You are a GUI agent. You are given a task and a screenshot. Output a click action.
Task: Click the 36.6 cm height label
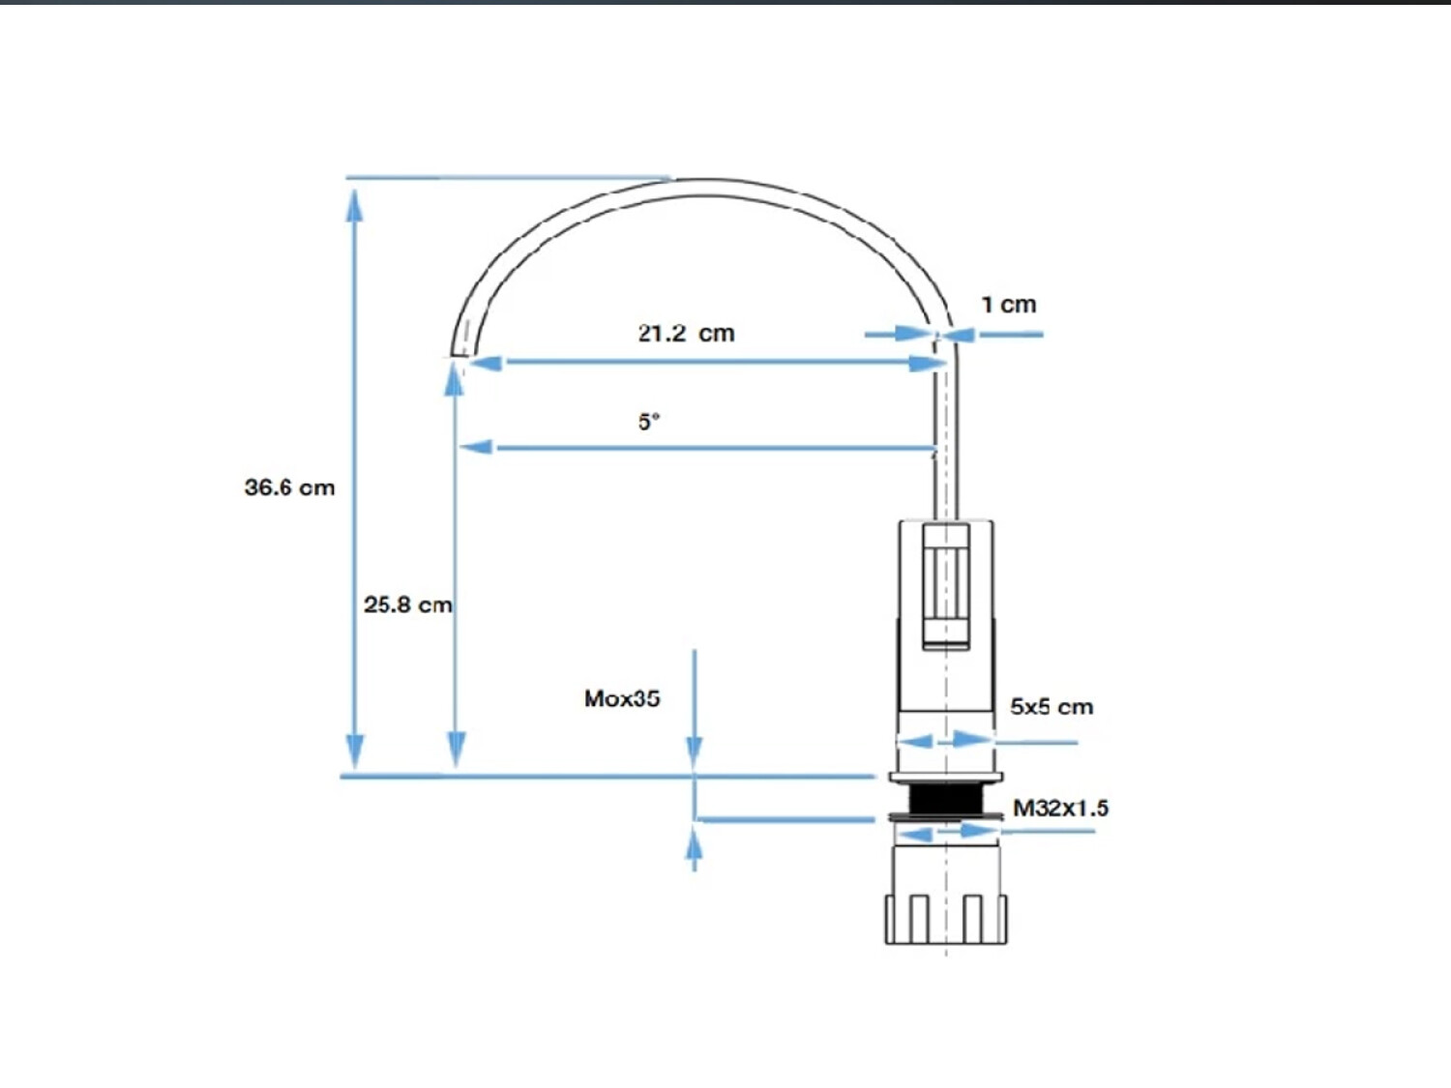click(289, 487)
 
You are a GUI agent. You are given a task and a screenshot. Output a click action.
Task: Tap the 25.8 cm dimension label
click(408, 604)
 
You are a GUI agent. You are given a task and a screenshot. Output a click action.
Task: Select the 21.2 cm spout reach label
click(686, 333)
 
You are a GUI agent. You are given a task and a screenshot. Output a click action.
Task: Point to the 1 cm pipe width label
click(1009, 305)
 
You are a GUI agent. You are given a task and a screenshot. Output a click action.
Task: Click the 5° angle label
click(648, 422)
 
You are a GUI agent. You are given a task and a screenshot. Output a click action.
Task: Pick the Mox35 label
click(622, 698)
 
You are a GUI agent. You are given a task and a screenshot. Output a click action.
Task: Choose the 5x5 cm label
click(1051, 707)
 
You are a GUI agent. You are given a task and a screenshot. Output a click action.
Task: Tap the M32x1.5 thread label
click(1061, 808)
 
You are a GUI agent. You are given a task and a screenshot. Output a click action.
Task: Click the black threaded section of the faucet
click(946, 799)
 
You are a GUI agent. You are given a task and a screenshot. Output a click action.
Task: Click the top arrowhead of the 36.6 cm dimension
click(355, 205)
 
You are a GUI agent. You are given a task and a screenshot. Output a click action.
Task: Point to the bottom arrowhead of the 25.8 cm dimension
click(457, 750)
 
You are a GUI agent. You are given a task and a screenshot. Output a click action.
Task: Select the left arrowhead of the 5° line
click(476, 447)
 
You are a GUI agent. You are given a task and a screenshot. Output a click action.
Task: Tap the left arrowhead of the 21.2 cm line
click(486, 362)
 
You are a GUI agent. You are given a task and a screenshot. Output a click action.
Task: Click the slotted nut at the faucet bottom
click(946, 920)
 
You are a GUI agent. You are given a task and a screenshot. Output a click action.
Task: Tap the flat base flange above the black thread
click(946, 778)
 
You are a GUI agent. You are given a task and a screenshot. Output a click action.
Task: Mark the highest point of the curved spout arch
click(702, 180)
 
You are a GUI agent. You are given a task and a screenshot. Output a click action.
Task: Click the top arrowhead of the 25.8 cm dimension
click(454, 380)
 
